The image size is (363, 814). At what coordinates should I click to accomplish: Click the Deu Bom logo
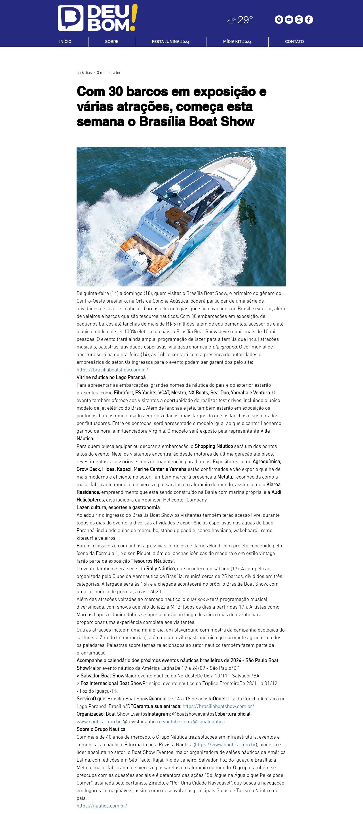click(97, 18)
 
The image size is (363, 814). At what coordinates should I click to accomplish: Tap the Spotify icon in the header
click(278, 20)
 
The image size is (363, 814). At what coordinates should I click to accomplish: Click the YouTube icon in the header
click(289, 20)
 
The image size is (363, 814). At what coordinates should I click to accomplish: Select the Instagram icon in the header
click(299, 20)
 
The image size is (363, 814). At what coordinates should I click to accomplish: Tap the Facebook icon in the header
click(309, 20)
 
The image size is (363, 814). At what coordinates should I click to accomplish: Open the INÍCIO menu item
click(65, 42)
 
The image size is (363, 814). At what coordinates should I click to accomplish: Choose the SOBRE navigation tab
click(112, 42)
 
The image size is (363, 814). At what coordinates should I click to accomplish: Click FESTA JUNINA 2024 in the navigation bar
click(170, 42)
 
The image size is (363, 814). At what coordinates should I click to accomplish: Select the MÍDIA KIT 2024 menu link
click(237, 42)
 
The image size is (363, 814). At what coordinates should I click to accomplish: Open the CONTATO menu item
click(294, 42)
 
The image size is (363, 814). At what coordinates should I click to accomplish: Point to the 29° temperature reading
click(245, 20)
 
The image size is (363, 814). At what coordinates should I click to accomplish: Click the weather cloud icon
click(231, 20)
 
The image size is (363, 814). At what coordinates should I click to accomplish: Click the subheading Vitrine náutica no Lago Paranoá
click(111, 377)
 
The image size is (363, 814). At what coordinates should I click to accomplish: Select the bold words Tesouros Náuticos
click(153, 561)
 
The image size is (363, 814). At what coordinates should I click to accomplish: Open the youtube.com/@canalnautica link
click(194, 722)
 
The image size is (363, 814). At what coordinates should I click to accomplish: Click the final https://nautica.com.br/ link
click(102, 806)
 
